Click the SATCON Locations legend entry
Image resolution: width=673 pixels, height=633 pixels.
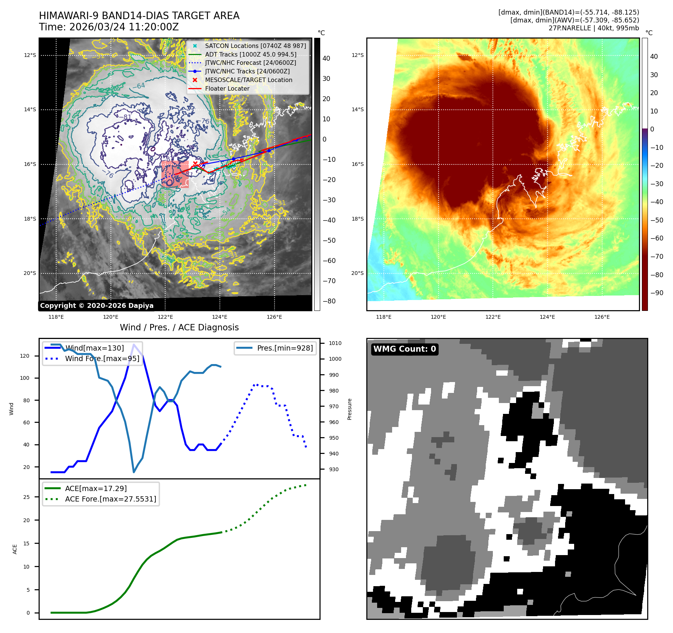point(255,46)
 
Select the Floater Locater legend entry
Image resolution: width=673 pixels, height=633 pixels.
point(227,89)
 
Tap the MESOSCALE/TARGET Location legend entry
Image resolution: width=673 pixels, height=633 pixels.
point(248,80)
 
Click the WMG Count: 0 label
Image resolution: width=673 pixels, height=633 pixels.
point(404,349)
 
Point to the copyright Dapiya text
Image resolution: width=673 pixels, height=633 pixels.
point(97,306)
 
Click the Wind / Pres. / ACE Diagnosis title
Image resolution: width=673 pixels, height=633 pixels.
point(179,327)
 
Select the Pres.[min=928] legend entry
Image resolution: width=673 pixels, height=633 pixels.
point(285,348)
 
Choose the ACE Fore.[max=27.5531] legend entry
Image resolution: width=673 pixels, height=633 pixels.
point(110,499)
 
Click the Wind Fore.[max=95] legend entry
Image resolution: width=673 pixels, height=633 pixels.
point(102,358)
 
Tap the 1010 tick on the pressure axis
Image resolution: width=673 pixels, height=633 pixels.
point(335,343)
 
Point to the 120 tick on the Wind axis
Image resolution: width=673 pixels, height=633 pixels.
point(25,356)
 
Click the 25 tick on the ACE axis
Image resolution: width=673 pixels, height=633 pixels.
point(26,497)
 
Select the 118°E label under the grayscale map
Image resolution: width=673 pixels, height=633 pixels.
point(56,317)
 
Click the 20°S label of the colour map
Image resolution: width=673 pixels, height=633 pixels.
point(357,273)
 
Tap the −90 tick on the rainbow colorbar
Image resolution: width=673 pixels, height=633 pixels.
point(657,293)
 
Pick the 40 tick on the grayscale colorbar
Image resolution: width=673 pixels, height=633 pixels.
point(326,58)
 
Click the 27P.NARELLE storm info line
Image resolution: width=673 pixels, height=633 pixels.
point(594,28)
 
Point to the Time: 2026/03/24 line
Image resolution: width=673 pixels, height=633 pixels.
point(109,27)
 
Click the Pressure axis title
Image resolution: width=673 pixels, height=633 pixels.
point(349,409)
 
